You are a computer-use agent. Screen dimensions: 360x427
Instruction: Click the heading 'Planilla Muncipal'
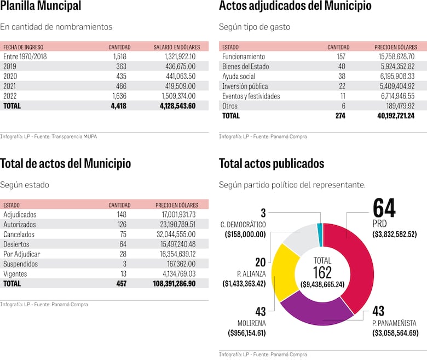coord(41,7)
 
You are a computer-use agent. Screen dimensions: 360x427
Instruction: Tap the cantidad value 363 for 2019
coord(119,66)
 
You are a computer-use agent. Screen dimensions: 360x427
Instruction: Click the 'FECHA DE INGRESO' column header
coord(23,47)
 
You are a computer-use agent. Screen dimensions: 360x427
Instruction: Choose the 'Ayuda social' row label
coord(239,76)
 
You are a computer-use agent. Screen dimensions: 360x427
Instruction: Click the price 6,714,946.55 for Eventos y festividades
coord(394,96)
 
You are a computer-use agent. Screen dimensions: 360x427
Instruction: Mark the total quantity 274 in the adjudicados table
coord(339,116)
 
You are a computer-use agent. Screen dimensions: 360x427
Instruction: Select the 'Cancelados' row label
coord(20,234)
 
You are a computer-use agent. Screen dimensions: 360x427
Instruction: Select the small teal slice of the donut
coord(320,228)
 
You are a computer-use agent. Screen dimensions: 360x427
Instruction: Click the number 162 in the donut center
coord(322,272)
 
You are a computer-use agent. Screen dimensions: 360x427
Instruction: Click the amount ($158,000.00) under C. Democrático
coord(245,234)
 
